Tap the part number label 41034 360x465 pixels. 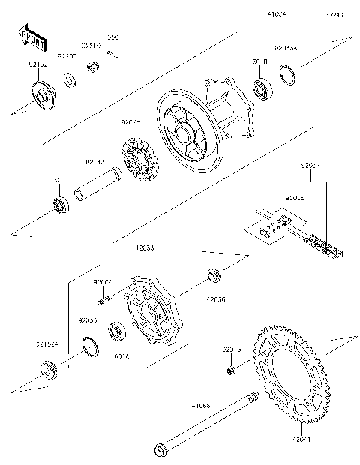click(277, 14)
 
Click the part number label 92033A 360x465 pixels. click(286, 47)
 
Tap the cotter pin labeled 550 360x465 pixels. click(113, 52)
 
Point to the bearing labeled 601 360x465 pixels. click(59, 204)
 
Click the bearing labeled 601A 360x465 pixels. click(118, 331)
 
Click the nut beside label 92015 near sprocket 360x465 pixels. click(232, 370)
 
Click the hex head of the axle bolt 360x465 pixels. click(159, 451)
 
